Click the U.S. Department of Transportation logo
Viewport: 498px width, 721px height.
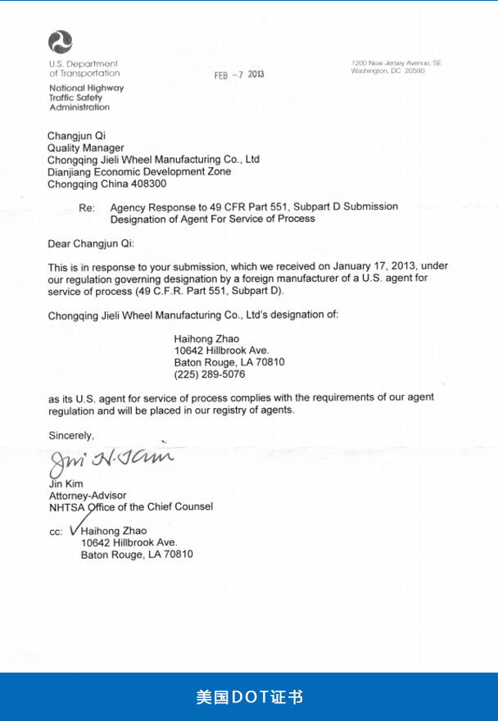tap(60, 42)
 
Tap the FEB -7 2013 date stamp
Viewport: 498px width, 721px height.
tap(239, 75)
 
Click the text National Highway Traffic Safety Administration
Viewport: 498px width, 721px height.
tap(86, 97)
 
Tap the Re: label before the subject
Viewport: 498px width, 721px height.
tap(88, 208)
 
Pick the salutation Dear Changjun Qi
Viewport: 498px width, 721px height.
tap(89, 243)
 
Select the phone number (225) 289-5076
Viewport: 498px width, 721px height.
tap(209, 374)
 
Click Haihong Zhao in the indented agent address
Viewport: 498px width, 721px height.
tap(207, 338)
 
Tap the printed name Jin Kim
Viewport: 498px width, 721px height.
tap(66, 484)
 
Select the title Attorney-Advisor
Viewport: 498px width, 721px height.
tap(88, 496)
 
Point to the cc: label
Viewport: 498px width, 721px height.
tap(56, 533)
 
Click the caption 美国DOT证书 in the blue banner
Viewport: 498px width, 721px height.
tap(249, 697)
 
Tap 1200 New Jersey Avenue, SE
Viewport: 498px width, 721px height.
tap(396, 63)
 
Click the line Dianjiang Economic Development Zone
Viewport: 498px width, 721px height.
tap(139, 172)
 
